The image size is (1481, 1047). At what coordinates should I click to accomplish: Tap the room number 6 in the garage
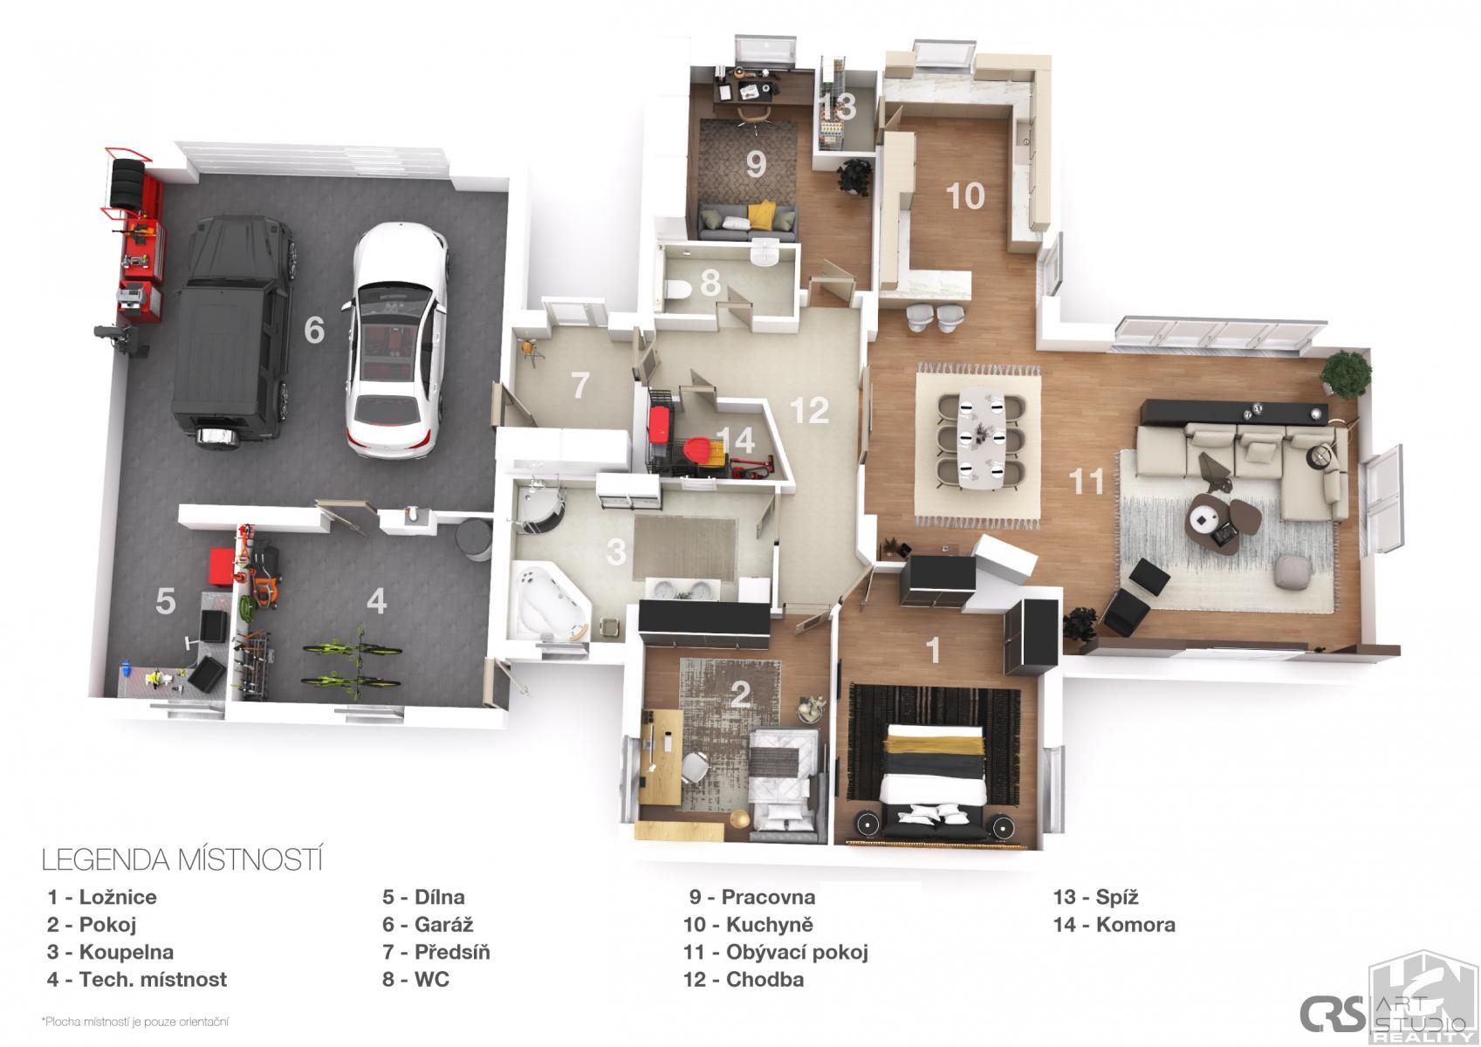[x=314, y=330]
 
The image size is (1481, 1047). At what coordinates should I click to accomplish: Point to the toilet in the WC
[x=678, y=289]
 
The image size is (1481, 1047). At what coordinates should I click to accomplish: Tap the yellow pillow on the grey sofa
[x=762, y=214]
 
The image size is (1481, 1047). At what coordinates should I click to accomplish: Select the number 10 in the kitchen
[x=965, y=195]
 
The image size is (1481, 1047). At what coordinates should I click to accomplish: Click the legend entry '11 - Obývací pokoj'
[x=776, y=952]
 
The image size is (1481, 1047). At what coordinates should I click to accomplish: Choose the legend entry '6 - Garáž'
[x=428, y=924]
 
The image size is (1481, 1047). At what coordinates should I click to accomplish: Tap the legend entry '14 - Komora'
[x=1114, y=924]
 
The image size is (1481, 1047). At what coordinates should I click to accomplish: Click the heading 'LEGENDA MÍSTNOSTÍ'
[x=182, y=859]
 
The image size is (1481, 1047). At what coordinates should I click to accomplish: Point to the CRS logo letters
[x=1332, y=1014]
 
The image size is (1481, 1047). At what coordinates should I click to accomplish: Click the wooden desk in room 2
[x=662, y=756]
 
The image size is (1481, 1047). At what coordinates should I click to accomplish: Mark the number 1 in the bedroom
[x=933, y=650]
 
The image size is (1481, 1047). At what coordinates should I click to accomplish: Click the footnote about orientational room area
[x=135, y=1022]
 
